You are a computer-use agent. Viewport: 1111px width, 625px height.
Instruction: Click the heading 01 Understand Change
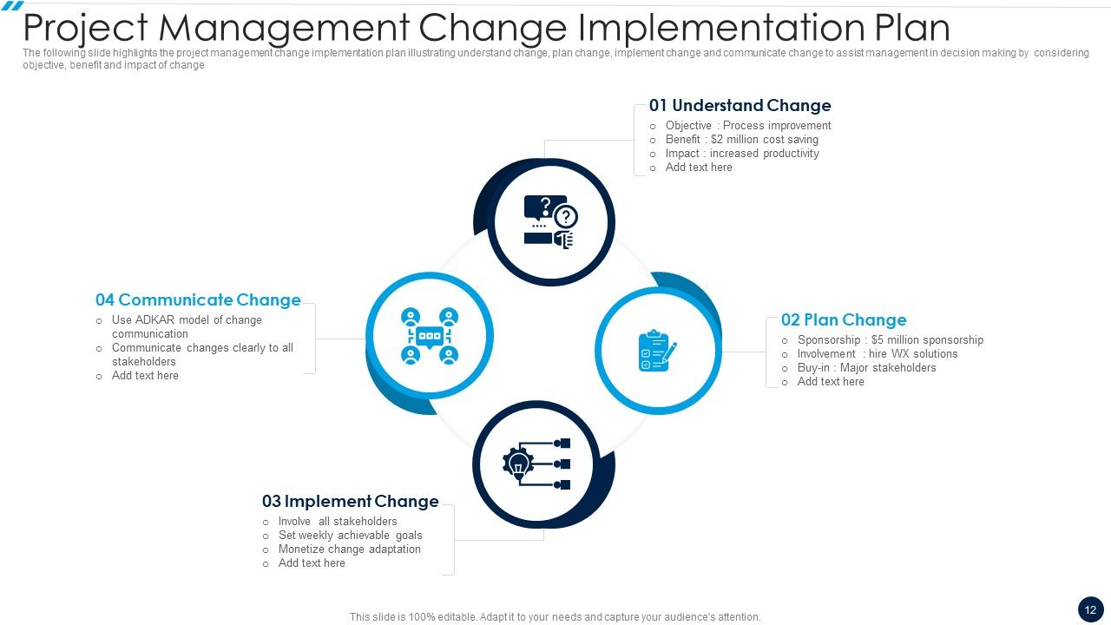click(x=740, y=106)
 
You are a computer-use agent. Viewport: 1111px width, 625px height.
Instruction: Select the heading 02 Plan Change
click(x=843, y=320)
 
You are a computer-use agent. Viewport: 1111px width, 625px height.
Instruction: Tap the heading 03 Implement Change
click(x=350, y=502)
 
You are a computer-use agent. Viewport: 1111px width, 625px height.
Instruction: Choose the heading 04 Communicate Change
click(x=198, y=300)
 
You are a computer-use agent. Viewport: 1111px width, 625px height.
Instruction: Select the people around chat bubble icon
click(x=429, y=336)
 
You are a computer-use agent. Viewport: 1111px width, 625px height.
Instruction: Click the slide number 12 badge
click(x=1090, y=609)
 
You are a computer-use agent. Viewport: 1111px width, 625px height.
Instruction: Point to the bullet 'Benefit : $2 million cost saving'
click(x=741, y=140)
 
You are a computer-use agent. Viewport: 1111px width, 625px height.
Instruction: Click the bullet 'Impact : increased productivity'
click(x=742, y=154)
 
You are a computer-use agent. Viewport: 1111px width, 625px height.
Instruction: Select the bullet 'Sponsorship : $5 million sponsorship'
click(x=890, y=340)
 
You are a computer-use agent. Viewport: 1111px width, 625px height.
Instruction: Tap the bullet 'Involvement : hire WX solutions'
click(x=878, y=354)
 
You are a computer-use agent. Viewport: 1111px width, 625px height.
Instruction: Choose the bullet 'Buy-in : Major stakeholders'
click(x=866, y=368)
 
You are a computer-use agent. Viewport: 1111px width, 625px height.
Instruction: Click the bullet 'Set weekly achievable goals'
click(x=350, y=536)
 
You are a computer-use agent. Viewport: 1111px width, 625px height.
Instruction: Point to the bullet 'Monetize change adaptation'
click(x=349, y=549)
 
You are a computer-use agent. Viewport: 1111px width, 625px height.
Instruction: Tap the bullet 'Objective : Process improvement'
click(x=747, y=126)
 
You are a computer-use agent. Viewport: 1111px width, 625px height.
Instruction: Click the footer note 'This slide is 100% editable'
click(x=555, y=617)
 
